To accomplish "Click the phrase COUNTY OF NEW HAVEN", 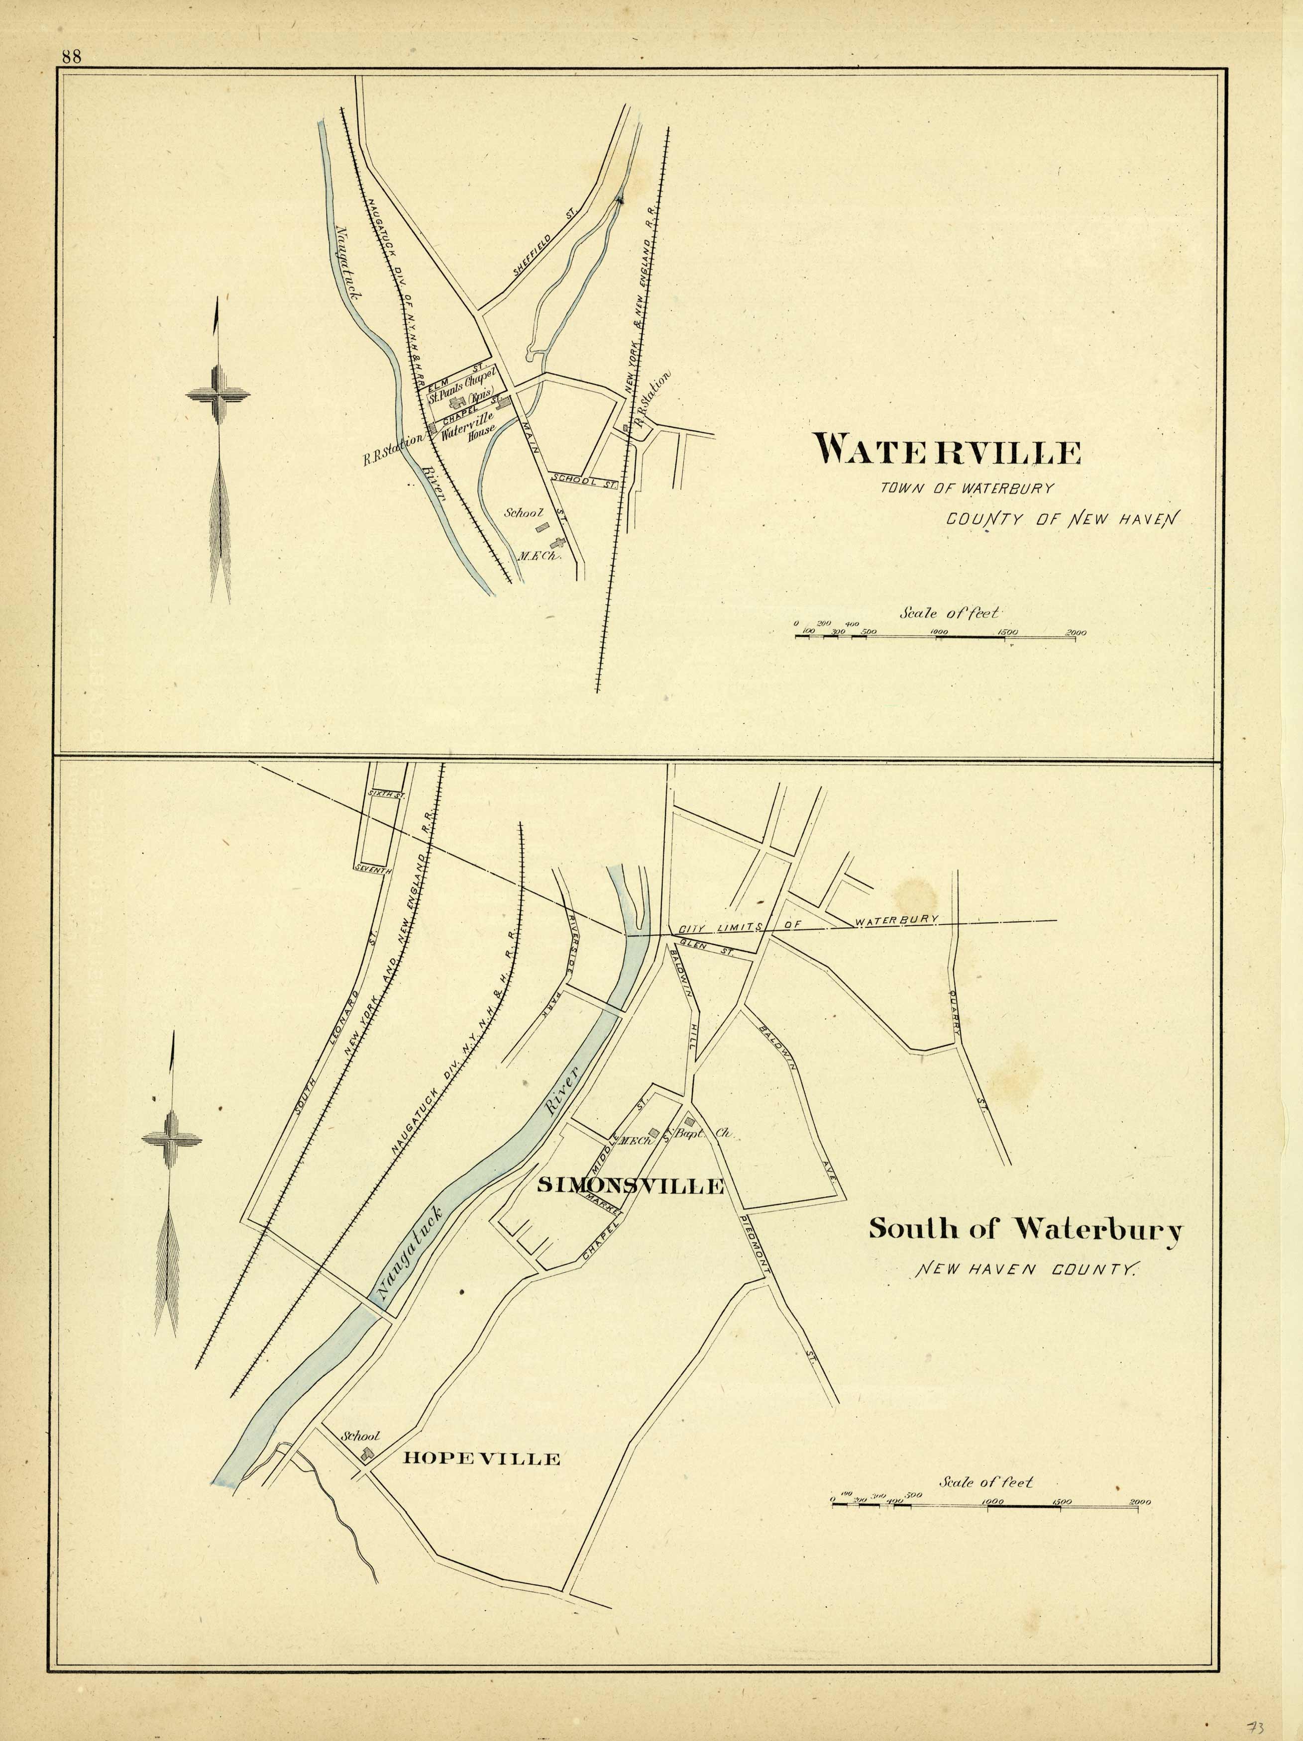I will [x=1063, y=519].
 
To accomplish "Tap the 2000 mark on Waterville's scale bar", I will [x=1076, y=633].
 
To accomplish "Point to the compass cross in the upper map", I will [x=218, y=394].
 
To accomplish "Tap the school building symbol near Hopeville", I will [x=366, y=1454].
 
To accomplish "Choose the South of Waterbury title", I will [x=1025, y=1230].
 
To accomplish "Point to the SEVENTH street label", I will [x=373, y=870].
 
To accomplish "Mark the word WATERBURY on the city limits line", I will [x=897, y=919].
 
